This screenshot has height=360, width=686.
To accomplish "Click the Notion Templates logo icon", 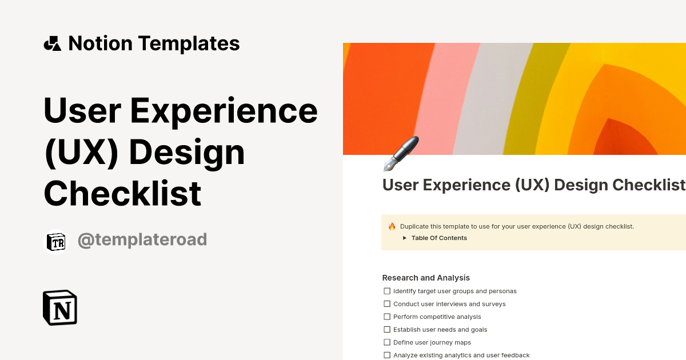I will pos(52,43).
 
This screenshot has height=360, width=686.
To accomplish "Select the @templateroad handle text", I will pos(142,240).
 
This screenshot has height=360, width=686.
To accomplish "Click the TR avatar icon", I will pos(56,241).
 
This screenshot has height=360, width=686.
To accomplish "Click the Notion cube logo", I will pos(60,308).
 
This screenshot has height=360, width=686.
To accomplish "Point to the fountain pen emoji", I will pos(401,154).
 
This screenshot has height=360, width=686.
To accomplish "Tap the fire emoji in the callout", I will pos(392,226).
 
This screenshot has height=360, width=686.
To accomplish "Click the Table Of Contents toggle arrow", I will pos(404,238).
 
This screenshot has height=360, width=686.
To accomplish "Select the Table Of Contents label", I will pos(439,238).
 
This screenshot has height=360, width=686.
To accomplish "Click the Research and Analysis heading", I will pos(426,278).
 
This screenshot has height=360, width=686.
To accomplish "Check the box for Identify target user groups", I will pos(387,291).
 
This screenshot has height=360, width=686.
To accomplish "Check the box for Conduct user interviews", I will pos(387,304).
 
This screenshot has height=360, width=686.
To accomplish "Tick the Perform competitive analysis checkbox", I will pos(387,317).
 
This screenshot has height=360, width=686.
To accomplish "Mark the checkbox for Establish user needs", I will pos(387,330).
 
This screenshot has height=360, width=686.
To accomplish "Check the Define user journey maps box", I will pos(387,342).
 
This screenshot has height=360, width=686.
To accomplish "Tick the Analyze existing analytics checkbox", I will pos(387,355).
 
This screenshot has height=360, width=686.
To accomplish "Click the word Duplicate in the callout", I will pos(416,226).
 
